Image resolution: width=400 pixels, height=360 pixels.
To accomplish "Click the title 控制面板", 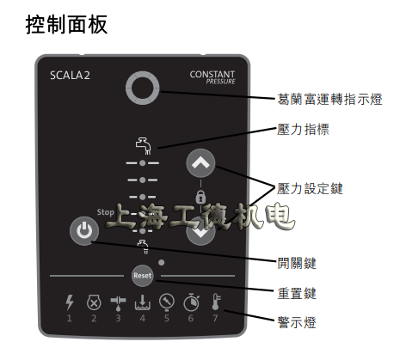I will click(x=68, y=23).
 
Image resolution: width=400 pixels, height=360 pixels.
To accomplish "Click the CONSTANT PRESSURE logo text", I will click(x=212, y=79).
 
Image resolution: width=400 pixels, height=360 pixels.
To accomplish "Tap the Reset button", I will click(x=142, y=277).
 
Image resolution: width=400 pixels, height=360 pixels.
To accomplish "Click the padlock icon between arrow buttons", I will click(x=200, y=197).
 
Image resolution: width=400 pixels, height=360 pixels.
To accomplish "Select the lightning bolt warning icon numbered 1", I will click(x=71, y=302).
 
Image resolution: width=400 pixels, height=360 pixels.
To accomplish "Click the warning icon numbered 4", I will click(x=142, y=302).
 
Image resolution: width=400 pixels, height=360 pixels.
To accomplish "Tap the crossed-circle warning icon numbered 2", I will click(x=95, y=302).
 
